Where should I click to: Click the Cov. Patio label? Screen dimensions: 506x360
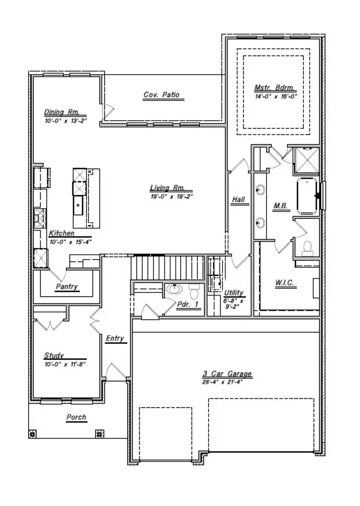click(x=161, y=95)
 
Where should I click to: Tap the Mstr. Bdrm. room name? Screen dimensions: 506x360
click(x=275, y=88)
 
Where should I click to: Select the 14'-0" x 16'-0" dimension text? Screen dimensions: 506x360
click(x=275, y=96)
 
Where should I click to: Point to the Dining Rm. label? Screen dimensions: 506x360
click(x=62, y=112)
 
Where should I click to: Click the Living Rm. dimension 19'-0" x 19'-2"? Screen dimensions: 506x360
click(x=172, y=196)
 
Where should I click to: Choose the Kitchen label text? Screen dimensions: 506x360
click(x=62, y=233)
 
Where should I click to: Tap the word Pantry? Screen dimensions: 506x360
click(x=66, y=287)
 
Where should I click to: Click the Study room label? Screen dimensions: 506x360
click(x=54, y=355)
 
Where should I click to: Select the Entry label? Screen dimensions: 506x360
click(x=115, y=338)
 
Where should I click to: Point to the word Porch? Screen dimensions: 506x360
click(x=76, y=417)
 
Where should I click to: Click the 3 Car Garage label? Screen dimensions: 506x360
click(x=227, y=374)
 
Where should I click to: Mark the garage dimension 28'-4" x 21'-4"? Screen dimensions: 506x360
click(x=227, y=382)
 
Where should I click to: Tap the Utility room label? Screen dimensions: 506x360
click(x=233, y=293)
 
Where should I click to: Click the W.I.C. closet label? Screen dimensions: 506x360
click(x=286, y=283)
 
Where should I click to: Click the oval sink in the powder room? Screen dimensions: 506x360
click(x=174, y=289)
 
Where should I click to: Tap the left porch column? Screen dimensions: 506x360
click(x=33, y=435)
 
